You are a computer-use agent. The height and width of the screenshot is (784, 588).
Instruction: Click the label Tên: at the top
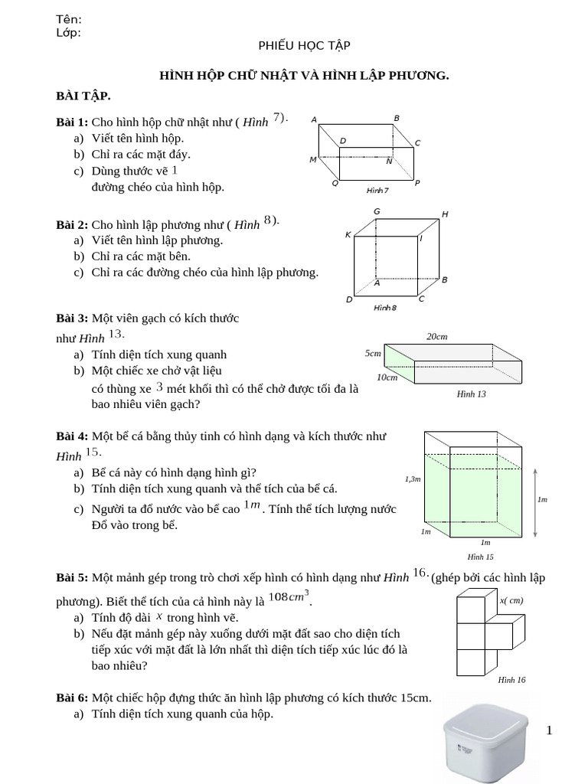69,19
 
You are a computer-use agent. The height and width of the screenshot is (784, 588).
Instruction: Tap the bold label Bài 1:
72,122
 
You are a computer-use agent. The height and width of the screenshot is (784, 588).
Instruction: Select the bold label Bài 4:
72,436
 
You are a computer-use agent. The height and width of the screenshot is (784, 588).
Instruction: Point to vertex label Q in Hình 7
335,184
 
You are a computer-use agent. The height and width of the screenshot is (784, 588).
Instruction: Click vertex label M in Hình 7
312,159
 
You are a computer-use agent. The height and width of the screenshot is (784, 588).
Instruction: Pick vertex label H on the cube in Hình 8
445,215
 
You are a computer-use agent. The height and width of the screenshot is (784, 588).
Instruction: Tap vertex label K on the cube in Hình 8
348,235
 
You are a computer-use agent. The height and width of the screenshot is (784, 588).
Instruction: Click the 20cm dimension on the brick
436,337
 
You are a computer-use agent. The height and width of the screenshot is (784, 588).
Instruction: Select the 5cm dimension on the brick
373,354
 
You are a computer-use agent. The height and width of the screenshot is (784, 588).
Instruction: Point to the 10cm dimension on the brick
387,377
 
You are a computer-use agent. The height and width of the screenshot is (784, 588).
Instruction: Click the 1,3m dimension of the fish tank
413,479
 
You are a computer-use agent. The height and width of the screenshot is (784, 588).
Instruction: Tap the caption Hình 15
480,557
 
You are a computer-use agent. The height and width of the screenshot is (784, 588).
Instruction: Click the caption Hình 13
471,394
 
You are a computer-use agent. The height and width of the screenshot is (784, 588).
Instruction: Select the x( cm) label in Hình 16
511,600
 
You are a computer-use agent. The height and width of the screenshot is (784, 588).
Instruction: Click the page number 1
549,731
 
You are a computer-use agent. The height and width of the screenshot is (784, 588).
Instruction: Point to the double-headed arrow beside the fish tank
534,501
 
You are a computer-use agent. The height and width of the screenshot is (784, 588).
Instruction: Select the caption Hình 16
511,679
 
